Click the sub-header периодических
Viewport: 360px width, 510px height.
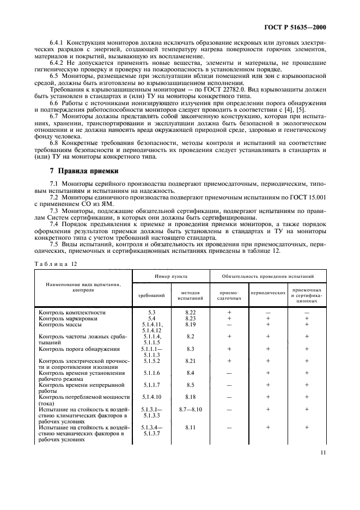click(x=268, y=293)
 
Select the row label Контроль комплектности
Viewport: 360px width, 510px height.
click(x=72, y=312)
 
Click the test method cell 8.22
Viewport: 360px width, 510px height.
click(x=190, y=312)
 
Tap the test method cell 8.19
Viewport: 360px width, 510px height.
click(x=190, y=324)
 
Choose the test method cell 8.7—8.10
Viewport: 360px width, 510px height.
click(x=190, y=409)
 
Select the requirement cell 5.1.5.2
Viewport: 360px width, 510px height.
click(x=152, y=361)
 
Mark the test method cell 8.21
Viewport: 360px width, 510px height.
click(x=190, y=361)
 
